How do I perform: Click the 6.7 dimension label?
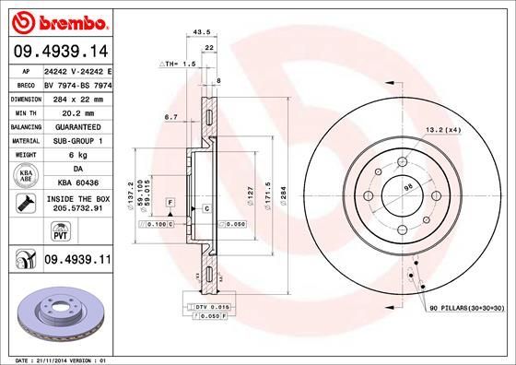(x=171, y=117)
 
